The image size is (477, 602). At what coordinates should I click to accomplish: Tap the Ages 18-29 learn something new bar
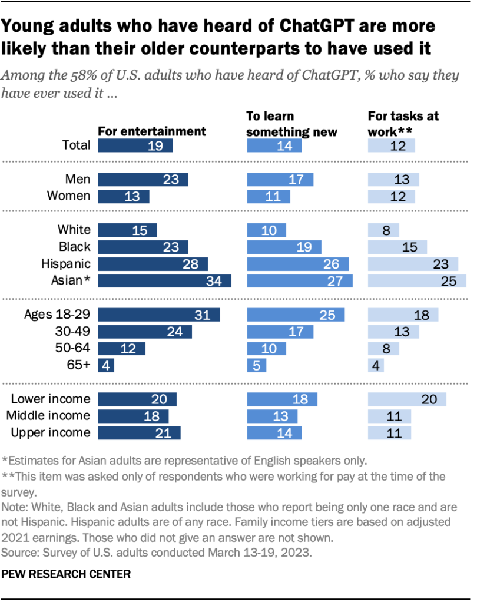click(296, 315)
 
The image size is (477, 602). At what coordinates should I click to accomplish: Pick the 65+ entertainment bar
click(106, 365)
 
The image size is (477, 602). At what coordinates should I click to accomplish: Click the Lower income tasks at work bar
click(407, 399)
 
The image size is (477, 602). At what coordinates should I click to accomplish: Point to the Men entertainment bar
click(143, 179)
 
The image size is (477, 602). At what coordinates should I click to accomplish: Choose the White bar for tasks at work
click(383, 230)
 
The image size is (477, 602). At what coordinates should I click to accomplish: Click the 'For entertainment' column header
click(152, 131)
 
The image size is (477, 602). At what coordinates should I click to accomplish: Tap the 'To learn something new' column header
click(291, 124)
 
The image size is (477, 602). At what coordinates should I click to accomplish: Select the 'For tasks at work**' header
click(403, 124)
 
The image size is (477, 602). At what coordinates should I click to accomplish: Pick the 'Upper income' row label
click(51, 433)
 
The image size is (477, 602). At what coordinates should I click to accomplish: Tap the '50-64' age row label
click(72, 348)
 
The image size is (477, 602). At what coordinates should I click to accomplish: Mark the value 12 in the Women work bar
click(398, 196)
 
